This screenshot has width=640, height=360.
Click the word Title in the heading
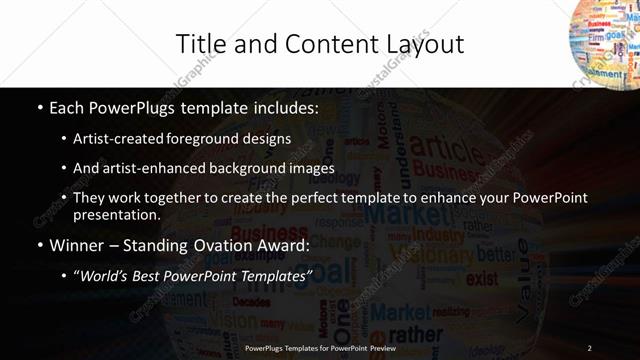point(200,44)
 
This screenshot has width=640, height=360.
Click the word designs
point(267,138)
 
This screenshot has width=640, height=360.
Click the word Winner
point(77,245)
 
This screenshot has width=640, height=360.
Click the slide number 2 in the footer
point(590,348)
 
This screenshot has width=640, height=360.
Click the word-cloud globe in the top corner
point(605,40)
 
